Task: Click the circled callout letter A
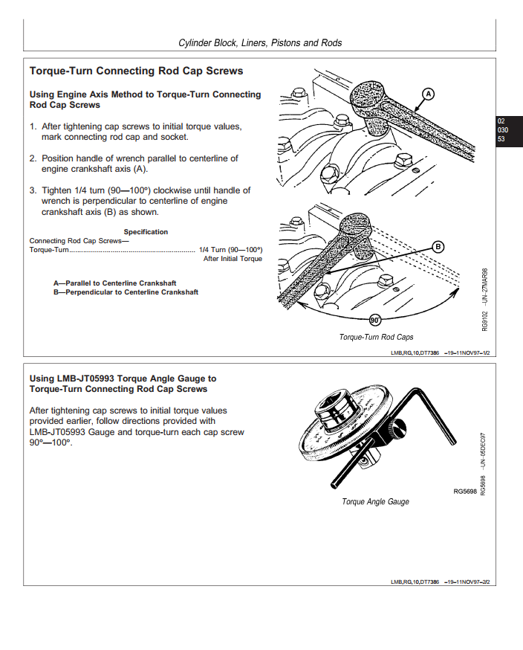pos(428,94)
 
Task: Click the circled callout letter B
pos(438,246)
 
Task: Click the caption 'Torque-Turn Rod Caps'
pos(376,337)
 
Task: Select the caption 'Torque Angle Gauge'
pos(375,502)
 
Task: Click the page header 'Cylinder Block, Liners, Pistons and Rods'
pos(260,43)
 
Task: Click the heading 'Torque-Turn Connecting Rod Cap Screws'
pos(136,71)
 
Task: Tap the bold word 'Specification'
pos(146,232)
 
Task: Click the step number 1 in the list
pos(33,126)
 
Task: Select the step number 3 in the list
pos(33,190)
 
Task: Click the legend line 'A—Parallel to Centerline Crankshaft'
pos(114,283)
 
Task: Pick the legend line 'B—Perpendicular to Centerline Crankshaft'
pos(126,292)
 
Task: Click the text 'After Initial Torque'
pos(233,259)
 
